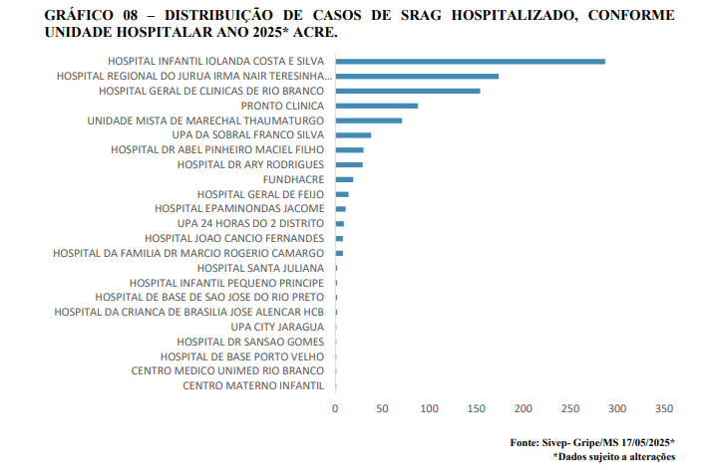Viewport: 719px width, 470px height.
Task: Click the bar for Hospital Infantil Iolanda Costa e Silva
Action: point(470,62)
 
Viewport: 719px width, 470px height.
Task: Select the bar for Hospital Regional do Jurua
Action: point(417,76)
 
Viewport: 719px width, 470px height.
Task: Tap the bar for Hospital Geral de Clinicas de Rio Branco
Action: point(408,91)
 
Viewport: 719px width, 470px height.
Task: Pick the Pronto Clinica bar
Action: point(377,106)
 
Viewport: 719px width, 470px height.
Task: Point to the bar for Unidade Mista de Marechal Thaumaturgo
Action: point(369,120)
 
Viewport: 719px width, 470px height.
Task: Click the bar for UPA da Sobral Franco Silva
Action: point(353,135)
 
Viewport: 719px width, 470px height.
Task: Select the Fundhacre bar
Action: point(345,179)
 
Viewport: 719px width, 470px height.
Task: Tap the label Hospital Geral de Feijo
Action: point(260,194)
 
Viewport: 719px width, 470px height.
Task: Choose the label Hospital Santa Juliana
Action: point(260,268)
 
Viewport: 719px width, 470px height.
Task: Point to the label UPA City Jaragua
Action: point(277,327)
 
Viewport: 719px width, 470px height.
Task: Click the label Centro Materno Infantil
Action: point(253,385)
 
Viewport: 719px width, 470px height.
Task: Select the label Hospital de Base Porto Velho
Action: point(242,356)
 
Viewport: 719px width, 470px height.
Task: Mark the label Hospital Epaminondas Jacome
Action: point(239,209)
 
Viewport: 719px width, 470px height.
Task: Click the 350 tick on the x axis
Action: point(664,408)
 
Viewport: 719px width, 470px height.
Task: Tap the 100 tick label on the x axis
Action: point(430,408)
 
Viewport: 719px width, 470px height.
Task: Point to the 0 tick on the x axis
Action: point(336,408)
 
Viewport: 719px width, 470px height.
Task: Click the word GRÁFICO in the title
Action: point(83,15)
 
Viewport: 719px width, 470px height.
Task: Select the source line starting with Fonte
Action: point(592,442)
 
